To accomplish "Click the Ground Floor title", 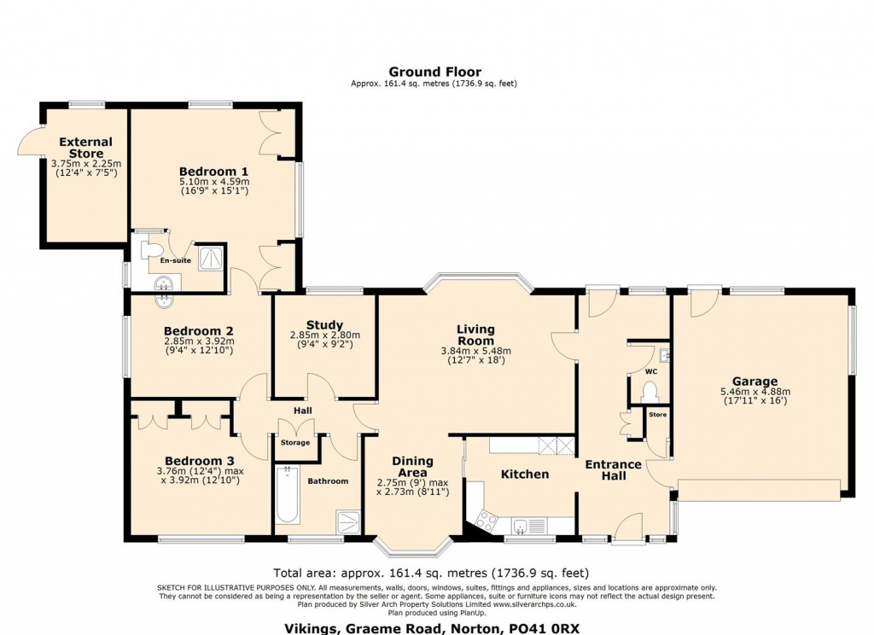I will (x=434, y=72).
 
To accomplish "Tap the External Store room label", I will (x=85, y=148).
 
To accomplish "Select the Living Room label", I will (x=475, y=335).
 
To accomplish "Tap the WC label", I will (x=650, y=372).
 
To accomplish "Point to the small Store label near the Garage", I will (x=657, y=415).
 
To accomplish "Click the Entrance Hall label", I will (x=613, y=469).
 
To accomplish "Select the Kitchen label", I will (x=524, y=474).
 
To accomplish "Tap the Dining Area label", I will (x=412, y=467).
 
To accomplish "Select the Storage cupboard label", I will (x=295, y=443).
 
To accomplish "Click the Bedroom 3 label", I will (x=199, y=458).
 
